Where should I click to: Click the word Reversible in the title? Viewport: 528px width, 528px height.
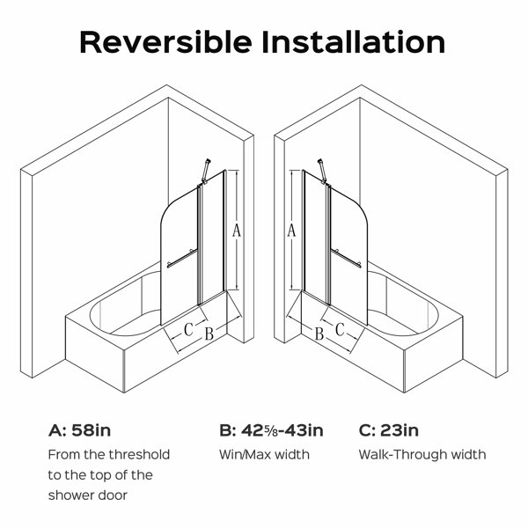point(165,42)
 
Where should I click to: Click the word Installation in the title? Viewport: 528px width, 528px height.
point(354,42)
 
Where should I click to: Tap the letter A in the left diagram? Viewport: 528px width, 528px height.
point(237,231)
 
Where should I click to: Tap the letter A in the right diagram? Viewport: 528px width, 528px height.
point(291,231)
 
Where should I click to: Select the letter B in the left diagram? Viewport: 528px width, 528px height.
point(209,334)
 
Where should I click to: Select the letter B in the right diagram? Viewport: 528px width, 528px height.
point(319,334)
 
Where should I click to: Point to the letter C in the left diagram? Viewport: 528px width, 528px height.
point(188,329)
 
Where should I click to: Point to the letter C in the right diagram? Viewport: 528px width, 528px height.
point(340,329)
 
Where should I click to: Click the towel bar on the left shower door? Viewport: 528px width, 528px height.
point(182,258)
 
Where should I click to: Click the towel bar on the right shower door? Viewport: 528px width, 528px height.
point(346,258)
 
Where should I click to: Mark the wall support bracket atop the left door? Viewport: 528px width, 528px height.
point(205,172)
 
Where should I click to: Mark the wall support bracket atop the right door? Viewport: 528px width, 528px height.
point(323,172)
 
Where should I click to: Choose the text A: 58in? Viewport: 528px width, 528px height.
point(79,430)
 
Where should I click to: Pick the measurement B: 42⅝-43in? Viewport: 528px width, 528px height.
point(271,430)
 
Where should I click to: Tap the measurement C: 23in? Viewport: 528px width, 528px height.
point(389,430)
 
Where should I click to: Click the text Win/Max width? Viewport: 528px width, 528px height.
point(264,455)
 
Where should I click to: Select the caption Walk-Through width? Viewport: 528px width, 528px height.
point(422,455)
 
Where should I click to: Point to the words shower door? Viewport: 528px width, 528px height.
point(87,495)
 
